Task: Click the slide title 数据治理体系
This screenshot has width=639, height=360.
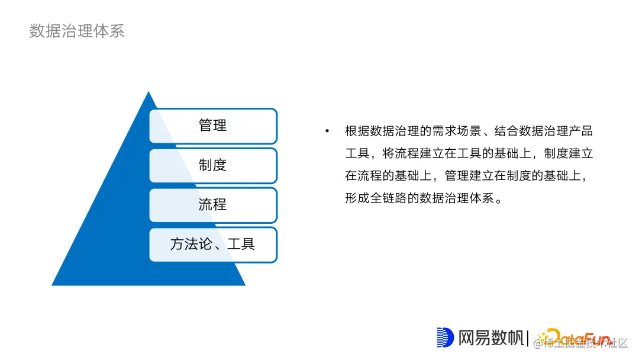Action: coord(77,31)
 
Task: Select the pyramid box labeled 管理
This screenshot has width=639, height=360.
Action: coord(213,126)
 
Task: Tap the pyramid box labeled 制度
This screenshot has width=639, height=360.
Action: coord(213,165)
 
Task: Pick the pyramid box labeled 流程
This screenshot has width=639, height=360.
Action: coord(213,205)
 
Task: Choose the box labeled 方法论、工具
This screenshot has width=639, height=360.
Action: coord(213,244)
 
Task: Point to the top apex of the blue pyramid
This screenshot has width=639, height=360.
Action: coord(149,92)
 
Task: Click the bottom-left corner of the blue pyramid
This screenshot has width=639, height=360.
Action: coord(53,285)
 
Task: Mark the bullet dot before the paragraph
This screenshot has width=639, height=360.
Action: coord(327,131)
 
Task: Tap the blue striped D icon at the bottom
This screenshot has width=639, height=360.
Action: coord(444,337)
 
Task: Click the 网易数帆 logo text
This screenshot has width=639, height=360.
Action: coord(492,337)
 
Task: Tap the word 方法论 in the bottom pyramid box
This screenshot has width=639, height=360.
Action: coord(191,244)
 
